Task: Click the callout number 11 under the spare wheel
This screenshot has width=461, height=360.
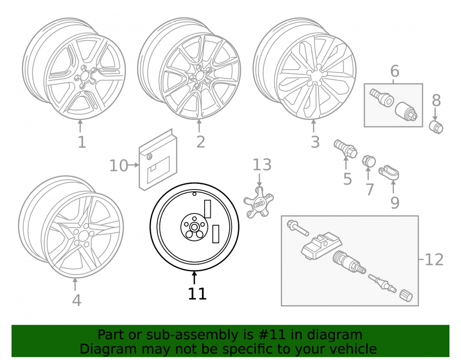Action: [x=197, y=293]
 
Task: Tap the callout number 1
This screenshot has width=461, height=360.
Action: [x=82, y=142]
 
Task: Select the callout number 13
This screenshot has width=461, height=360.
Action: [x=262, y=165]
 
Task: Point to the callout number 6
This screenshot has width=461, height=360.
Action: [x=395, y=71]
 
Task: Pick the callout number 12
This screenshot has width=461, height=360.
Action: [x=434, y=260]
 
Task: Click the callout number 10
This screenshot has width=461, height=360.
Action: [x=118, y=166]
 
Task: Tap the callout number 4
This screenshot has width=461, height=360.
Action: [x=77, y=301]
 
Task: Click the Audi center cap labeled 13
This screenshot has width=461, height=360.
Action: [x=259, y=202]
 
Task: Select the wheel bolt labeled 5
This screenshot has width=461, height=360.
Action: [x=345, y=148]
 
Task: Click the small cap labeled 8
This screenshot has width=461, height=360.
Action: [x=436, y=127]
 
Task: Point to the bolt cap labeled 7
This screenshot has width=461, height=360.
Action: [x=369, y=161]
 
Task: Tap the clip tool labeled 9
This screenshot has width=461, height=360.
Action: [x=389, y=172]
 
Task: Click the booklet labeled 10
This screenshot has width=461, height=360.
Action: [x=158, y=159]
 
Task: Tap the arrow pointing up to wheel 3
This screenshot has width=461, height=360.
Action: [x=313, y=126]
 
